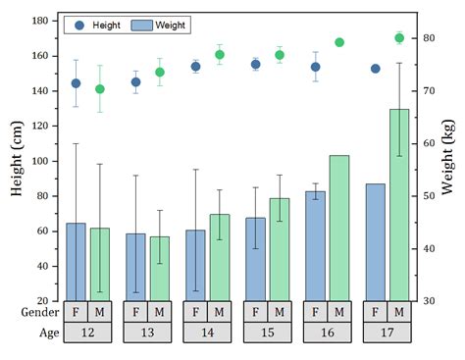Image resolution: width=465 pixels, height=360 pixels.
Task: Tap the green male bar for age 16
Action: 339,228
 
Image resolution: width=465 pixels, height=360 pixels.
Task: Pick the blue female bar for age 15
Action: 255,259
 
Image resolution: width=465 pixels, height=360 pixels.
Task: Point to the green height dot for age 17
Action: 399,38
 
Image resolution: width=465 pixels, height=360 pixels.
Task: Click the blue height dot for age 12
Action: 76,83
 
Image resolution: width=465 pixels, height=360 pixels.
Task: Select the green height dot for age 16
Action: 339,42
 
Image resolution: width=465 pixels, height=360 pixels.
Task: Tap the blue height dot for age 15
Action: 255,65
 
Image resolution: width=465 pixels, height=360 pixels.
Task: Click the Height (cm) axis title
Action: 17,160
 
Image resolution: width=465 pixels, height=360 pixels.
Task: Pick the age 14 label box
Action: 207,333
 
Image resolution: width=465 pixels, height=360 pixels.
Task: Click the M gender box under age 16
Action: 339,312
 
